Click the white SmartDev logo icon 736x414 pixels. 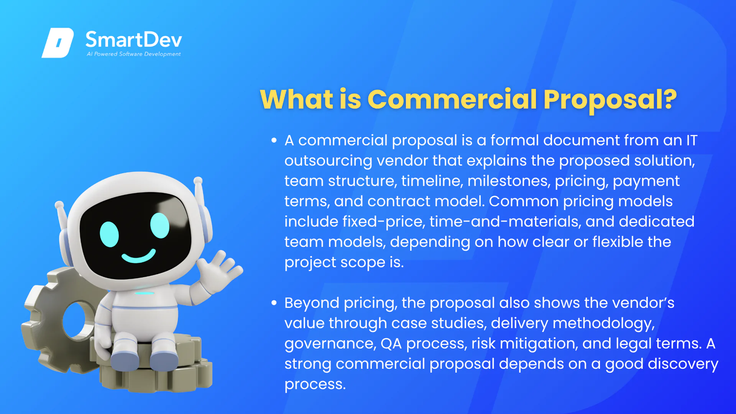(x=58, y=43)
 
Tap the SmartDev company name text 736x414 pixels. (x=133, y=40)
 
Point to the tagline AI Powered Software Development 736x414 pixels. (x=133, y=54)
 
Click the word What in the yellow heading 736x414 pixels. (x=297, y=99)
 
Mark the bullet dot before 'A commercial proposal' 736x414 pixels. (x=274, y=141)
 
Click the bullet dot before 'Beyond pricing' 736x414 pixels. (x=274, y=303)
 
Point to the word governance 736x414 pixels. (x=330, y=344)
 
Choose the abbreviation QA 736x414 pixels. (x=391, y=343)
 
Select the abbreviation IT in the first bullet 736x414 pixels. (x=692, y=140)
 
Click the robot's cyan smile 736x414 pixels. (x=139, y=256)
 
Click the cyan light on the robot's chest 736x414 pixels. (x=145, y=293)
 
